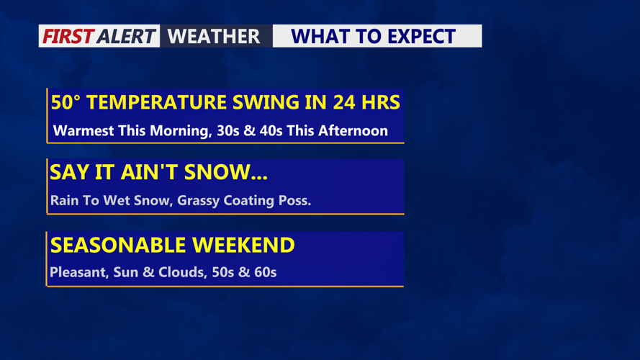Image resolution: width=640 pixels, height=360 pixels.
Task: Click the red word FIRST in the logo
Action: coord(68,36)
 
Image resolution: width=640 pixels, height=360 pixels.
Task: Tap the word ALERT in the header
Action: coord(126,36)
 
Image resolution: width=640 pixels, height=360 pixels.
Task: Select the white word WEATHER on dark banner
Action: coord(214,36)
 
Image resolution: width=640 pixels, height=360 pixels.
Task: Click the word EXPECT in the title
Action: coord(421,36)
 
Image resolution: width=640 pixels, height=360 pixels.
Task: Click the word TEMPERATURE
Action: coord(157,102)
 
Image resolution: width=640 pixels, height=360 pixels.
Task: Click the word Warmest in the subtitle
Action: coord(84,130)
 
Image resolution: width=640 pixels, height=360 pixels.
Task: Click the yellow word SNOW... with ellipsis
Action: coord(226,172)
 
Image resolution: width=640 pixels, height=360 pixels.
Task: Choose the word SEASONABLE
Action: coord(118,246)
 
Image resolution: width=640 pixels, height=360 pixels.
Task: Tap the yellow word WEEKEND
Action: coord(243,246)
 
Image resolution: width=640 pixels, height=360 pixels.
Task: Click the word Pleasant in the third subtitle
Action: coord(79,272)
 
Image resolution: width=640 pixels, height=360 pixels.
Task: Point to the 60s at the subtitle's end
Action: coord(266,272)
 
